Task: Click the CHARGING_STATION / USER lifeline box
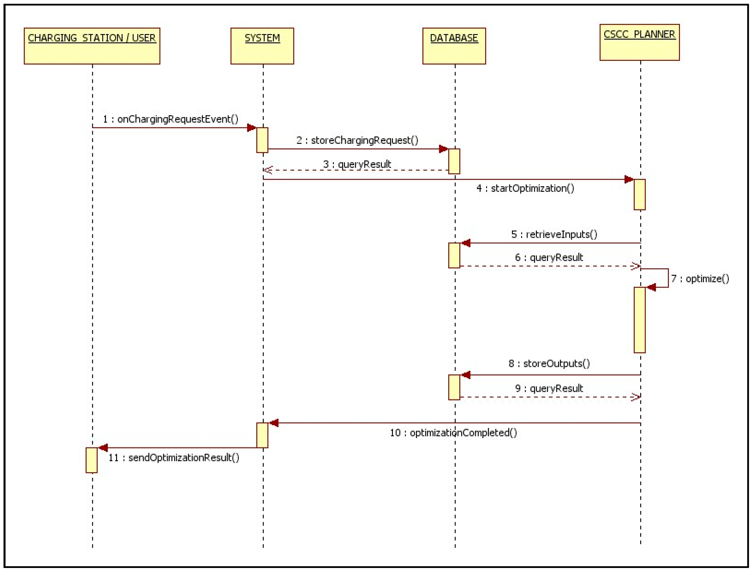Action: pyautogui.click(x=92, y=46)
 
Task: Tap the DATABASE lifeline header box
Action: pyautogui.click(x=454, y=46)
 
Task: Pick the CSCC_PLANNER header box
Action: pyautogui.click(x=639, y=42)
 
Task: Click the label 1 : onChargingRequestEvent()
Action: pyautogui.click(x=171, y=119)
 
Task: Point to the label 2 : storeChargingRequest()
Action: pyautogui.click(x=357, y=140)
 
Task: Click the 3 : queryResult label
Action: pyautogui.click(x=357, y=164)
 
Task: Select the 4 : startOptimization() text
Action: pyautogui.click(x=525, y=188)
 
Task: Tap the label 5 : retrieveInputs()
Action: pyautogui.click(x=554, y=234)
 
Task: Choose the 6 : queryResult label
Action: pyautogui.click(x=549, y=257)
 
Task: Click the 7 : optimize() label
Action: pyautogui.click(x=700, y=279)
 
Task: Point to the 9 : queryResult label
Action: pyautogui.click(x=549, y=388)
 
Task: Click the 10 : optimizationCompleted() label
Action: pyautogui.click(x=453, y=433)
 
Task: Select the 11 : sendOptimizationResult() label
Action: pyautogui.click(x=174, y=458)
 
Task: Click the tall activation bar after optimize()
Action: pyautogui.click(x=639, y=320)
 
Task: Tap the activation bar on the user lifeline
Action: pyautogui.click(x=91, y=460)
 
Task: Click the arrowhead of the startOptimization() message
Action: pyautogui.click(x=629, y=179)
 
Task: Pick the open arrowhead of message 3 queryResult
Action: pyautogui.click(x=267, y=170)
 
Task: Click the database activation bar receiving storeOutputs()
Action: pyautogui.click(x=454, y=387)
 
